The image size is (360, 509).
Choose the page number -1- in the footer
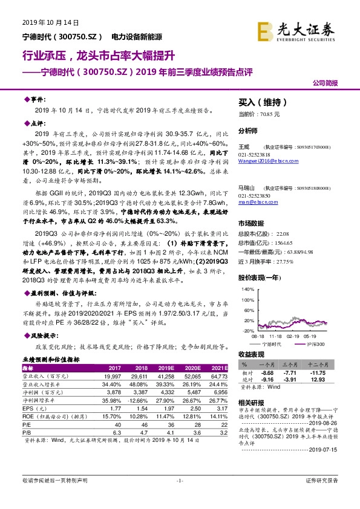[x=179, y=497]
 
